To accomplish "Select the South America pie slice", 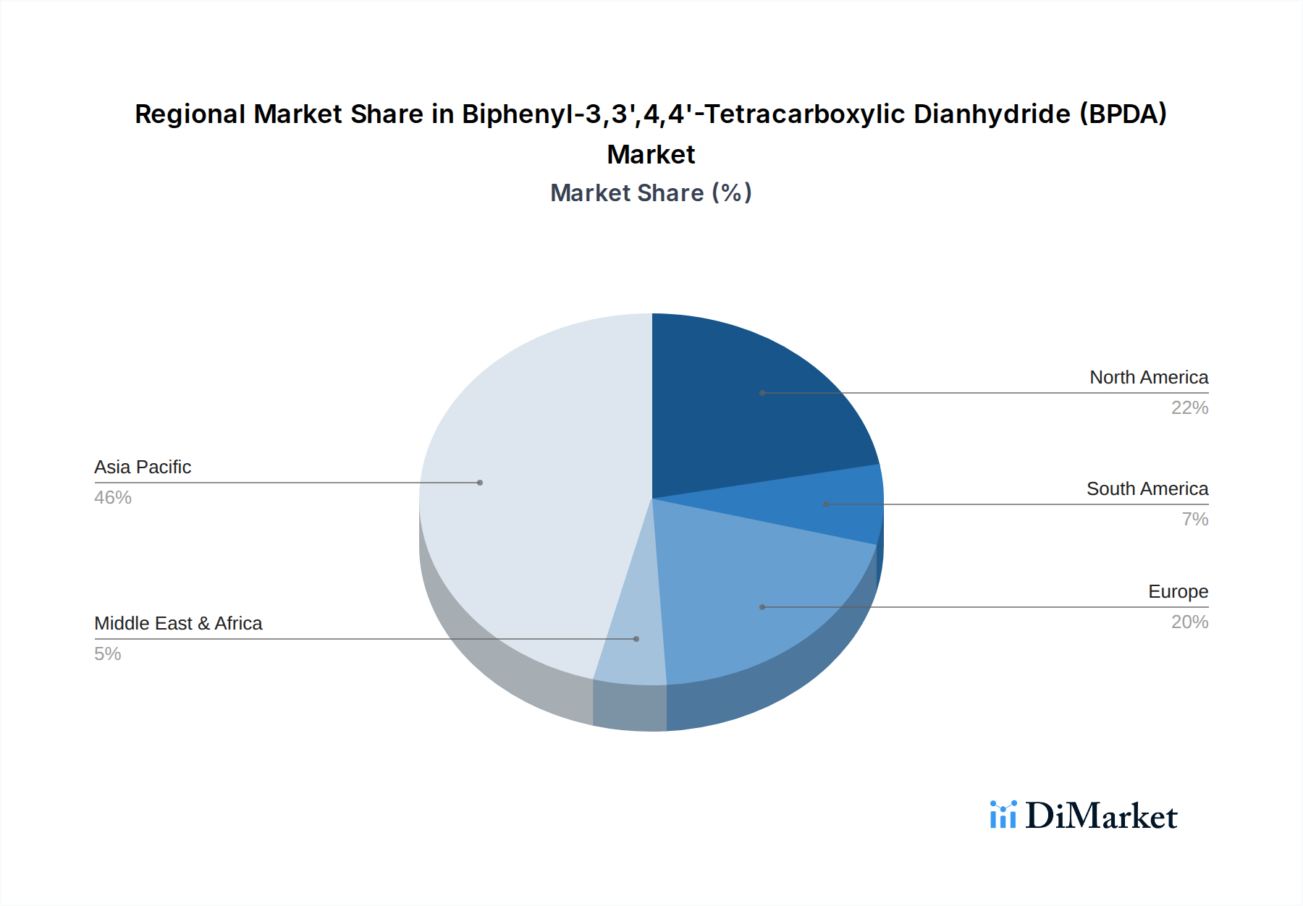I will click(832, 505).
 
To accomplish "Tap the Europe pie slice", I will click(753, 601).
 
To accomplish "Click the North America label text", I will click(1148, 377).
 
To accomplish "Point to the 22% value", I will click(1189, 407).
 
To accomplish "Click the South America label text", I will click(1147, 488).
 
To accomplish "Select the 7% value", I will click(1194, 519).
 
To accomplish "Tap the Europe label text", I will click(1178, 591).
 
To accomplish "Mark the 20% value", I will click(1189, 622).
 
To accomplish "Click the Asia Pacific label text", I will click(143, 467).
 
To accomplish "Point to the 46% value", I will click(113, 497).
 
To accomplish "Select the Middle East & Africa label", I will click(178, 623).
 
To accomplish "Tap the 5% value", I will click(108, 653).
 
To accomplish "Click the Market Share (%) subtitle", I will click(651, 192).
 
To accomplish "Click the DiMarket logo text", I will click(1101, 816).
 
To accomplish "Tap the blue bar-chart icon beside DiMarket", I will click(1003, 815).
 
